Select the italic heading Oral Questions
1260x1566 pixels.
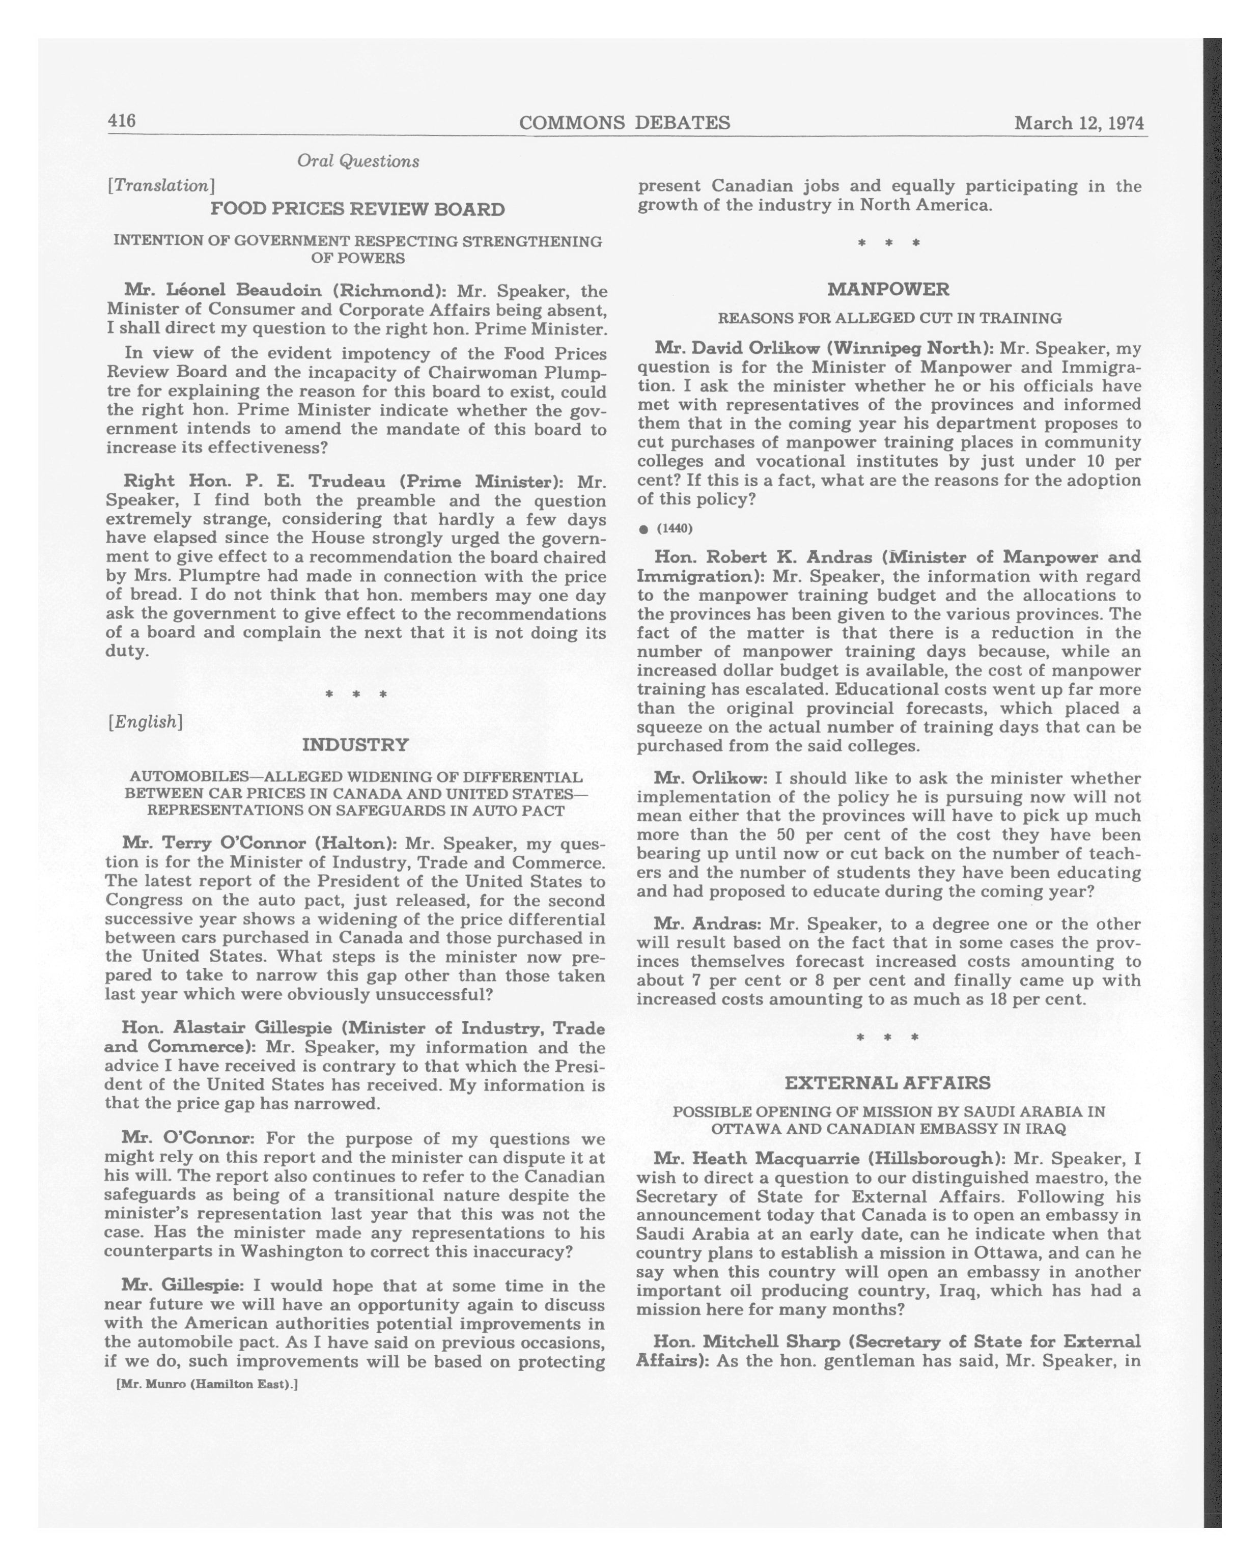tap(357, 161)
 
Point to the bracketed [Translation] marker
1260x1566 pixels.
tap(160, 186)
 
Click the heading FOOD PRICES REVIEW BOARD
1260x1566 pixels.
tap(357, 210)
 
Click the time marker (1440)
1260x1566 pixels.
tap(674, 528)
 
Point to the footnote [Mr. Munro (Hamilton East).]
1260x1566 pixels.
tap(207, 1384)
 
